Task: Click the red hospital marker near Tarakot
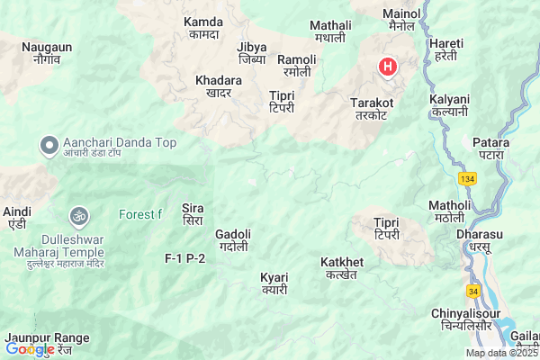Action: coord(387,66)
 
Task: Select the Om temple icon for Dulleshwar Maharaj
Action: coord(77,216)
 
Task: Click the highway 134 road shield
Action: coord(467,179)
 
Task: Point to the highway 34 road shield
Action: coord(473,291)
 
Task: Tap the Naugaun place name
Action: coord(48,52)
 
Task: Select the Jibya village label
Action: coord(252,52)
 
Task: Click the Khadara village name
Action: coord(219,85)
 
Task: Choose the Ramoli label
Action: coord(296,64)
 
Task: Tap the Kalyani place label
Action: coord(450,104)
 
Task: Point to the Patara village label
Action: coord(490,148)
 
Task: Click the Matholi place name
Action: coord(450,211)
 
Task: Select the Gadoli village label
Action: coord(233,239)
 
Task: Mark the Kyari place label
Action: coord(274,283)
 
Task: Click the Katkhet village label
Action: coord(342,267)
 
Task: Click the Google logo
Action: coord(31,349)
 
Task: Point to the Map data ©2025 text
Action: coord(500,353)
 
